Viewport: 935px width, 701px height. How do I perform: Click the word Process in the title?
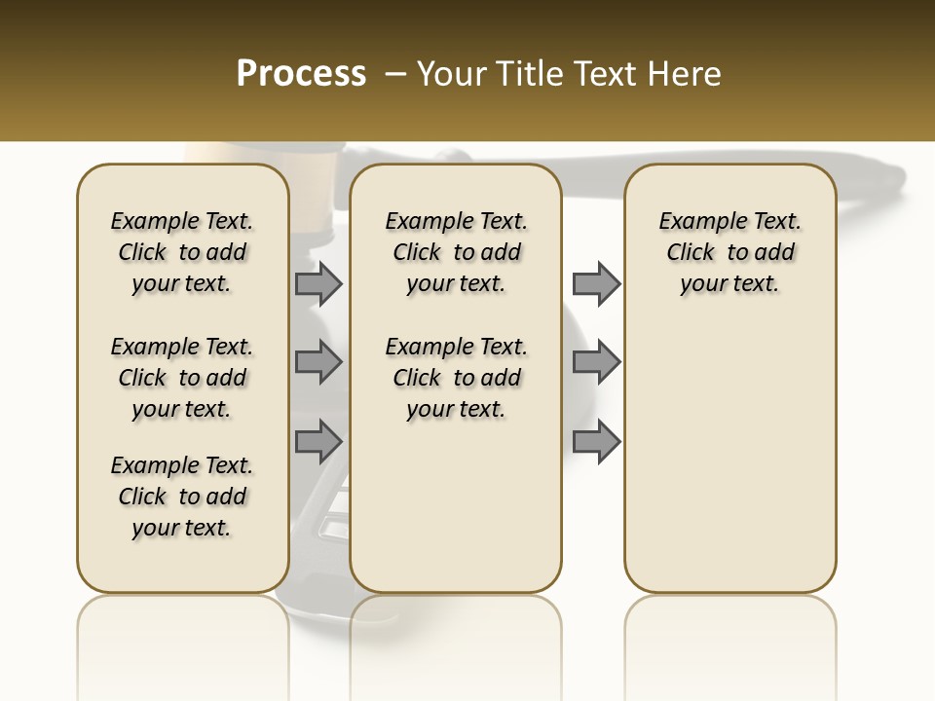301,74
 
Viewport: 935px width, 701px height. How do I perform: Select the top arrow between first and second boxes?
318,283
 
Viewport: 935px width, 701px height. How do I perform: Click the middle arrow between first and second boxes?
318,362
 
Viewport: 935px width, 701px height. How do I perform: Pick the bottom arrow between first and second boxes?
318,441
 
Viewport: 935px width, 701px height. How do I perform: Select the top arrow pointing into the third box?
596,283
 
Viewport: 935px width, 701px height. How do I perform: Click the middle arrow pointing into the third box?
596,362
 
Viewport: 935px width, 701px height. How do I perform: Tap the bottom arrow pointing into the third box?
596,441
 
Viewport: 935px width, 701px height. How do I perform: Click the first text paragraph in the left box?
182,252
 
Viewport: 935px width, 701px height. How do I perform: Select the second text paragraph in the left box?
182,378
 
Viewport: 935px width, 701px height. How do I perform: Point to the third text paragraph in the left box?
182,497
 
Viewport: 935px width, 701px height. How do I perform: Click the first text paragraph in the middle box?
456,252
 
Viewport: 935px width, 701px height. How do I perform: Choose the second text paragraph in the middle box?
456,378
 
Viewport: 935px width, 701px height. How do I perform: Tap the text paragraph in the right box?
730,252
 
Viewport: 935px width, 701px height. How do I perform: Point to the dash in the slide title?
395,74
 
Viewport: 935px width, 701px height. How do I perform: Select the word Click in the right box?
691,253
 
